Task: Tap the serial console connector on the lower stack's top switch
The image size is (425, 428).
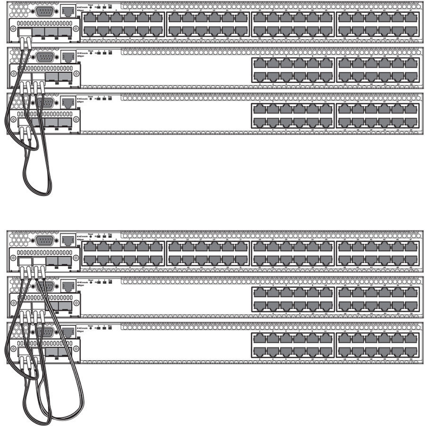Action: [x=44, y=239]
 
